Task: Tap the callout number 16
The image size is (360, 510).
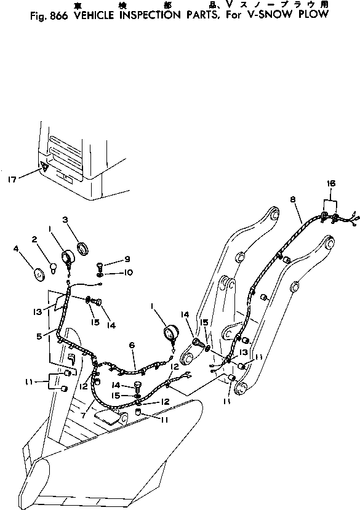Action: (331, 184)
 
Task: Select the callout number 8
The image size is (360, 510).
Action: (292, 199)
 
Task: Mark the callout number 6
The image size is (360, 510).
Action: (132, 346)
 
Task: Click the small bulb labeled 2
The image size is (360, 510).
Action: (54, 267)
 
